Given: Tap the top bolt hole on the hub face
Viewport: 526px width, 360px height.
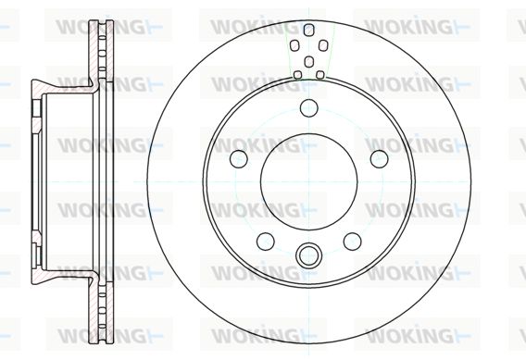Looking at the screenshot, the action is click(x=308, y=108).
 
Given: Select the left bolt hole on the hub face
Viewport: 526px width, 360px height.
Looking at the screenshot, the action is click(x=239, y=158).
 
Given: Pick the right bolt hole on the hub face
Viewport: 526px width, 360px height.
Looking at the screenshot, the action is click(x=380, y=158).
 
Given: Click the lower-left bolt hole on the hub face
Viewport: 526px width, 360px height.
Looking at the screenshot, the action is click(x=266, y=241).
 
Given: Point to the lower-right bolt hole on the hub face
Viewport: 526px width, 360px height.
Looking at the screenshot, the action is click(x=353, y=241).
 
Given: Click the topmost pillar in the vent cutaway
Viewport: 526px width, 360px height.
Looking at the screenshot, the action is click(x=308, y=30).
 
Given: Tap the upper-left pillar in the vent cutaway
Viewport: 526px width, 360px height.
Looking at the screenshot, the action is click(x=294, y=45).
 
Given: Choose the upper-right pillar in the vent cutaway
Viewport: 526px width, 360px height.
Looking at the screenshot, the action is click(x=322, y=45).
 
